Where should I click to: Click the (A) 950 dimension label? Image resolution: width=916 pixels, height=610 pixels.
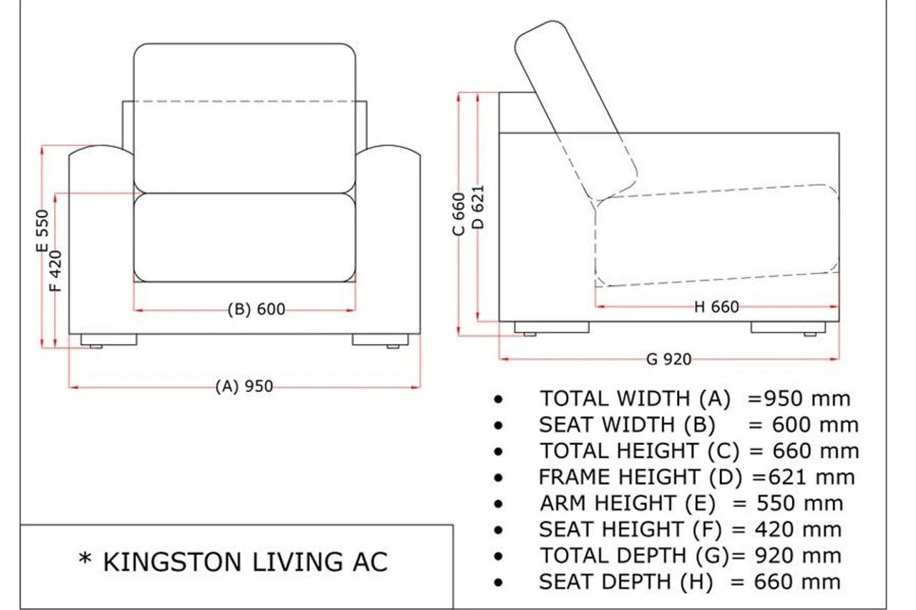coord(244,386)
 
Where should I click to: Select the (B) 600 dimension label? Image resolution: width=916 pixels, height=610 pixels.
coord(256,309)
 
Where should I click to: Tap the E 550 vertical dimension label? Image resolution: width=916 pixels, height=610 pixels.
coord(42,231)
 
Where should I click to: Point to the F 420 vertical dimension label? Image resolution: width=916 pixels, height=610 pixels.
coord(56,271)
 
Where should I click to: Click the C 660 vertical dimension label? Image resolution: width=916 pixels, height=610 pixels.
coord(459,214)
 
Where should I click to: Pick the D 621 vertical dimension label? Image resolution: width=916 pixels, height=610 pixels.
coord(478,207)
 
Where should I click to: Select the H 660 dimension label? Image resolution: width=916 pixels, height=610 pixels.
coord(716,307)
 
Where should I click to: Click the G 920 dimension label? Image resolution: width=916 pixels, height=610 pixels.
coord(669,359)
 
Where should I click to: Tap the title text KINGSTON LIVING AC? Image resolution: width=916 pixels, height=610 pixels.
coord(245,562)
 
